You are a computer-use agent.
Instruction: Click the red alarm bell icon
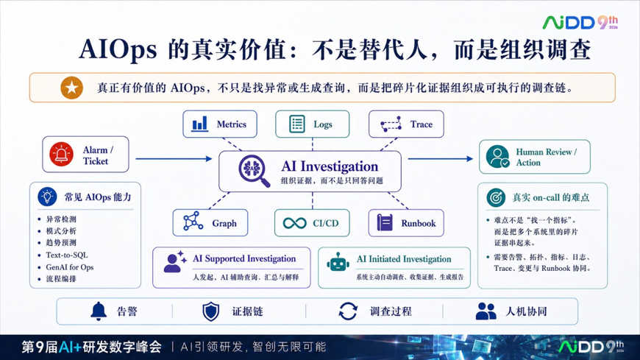(61, 155)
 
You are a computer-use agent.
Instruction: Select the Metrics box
(220, 124)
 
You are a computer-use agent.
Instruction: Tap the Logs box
(312, 124)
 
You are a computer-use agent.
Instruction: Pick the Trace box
(406, 124)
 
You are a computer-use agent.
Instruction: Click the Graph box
(210, 223)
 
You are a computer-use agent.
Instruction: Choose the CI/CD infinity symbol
(295, 223)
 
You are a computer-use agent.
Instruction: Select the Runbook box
(406, 223)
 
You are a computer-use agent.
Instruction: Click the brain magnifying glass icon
(255, 171)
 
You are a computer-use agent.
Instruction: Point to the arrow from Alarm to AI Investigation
(174, 158)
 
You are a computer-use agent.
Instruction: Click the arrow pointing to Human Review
(441, 158)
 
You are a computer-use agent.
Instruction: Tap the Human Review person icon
(497, 157)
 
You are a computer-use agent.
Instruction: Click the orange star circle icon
(72, 88)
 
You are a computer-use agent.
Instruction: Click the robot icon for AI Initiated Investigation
(338, 262)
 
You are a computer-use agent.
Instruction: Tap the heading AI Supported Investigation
(244, 258)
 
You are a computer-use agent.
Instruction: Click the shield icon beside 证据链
(211, 312)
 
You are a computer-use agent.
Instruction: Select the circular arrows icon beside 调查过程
(348, 311)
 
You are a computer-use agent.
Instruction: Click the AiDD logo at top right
(580, 22)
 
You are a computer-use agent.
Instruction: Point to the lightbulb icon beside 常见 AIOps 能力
(47, 197)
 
